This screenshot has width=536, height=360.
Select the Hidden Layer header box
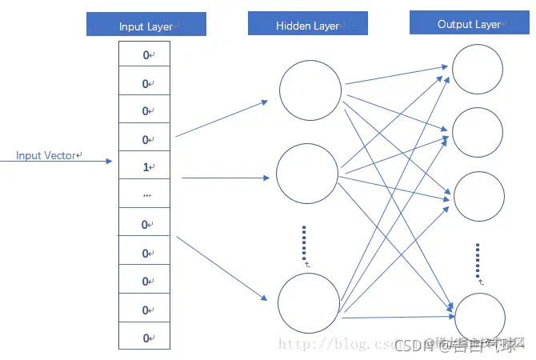307,26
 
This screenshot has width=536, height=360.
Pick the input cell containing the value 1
146,167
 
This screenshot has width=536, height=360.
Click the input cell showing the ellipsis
146,195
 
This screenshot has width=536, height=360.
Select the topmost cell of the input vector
146,55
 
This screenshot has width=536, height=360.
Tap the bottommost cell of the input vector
146,338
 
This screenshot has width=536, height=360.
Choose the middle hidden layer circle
307,174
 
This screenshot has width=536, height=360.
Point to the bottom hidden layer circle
308,302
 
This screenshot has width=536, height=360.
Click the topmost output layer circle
478,70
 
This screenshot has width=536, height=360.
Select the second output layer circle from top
478,130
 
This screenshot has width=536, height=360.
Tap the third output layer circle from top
478,196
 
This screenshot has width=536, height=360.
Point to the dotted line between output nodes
478,259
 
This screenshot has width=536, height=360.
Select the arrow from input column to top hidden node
222,118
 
